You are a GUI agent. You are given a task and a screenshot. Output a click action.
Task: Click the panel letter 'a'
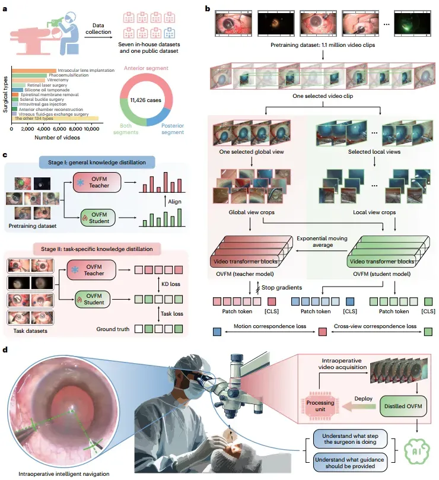(5, 8)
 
